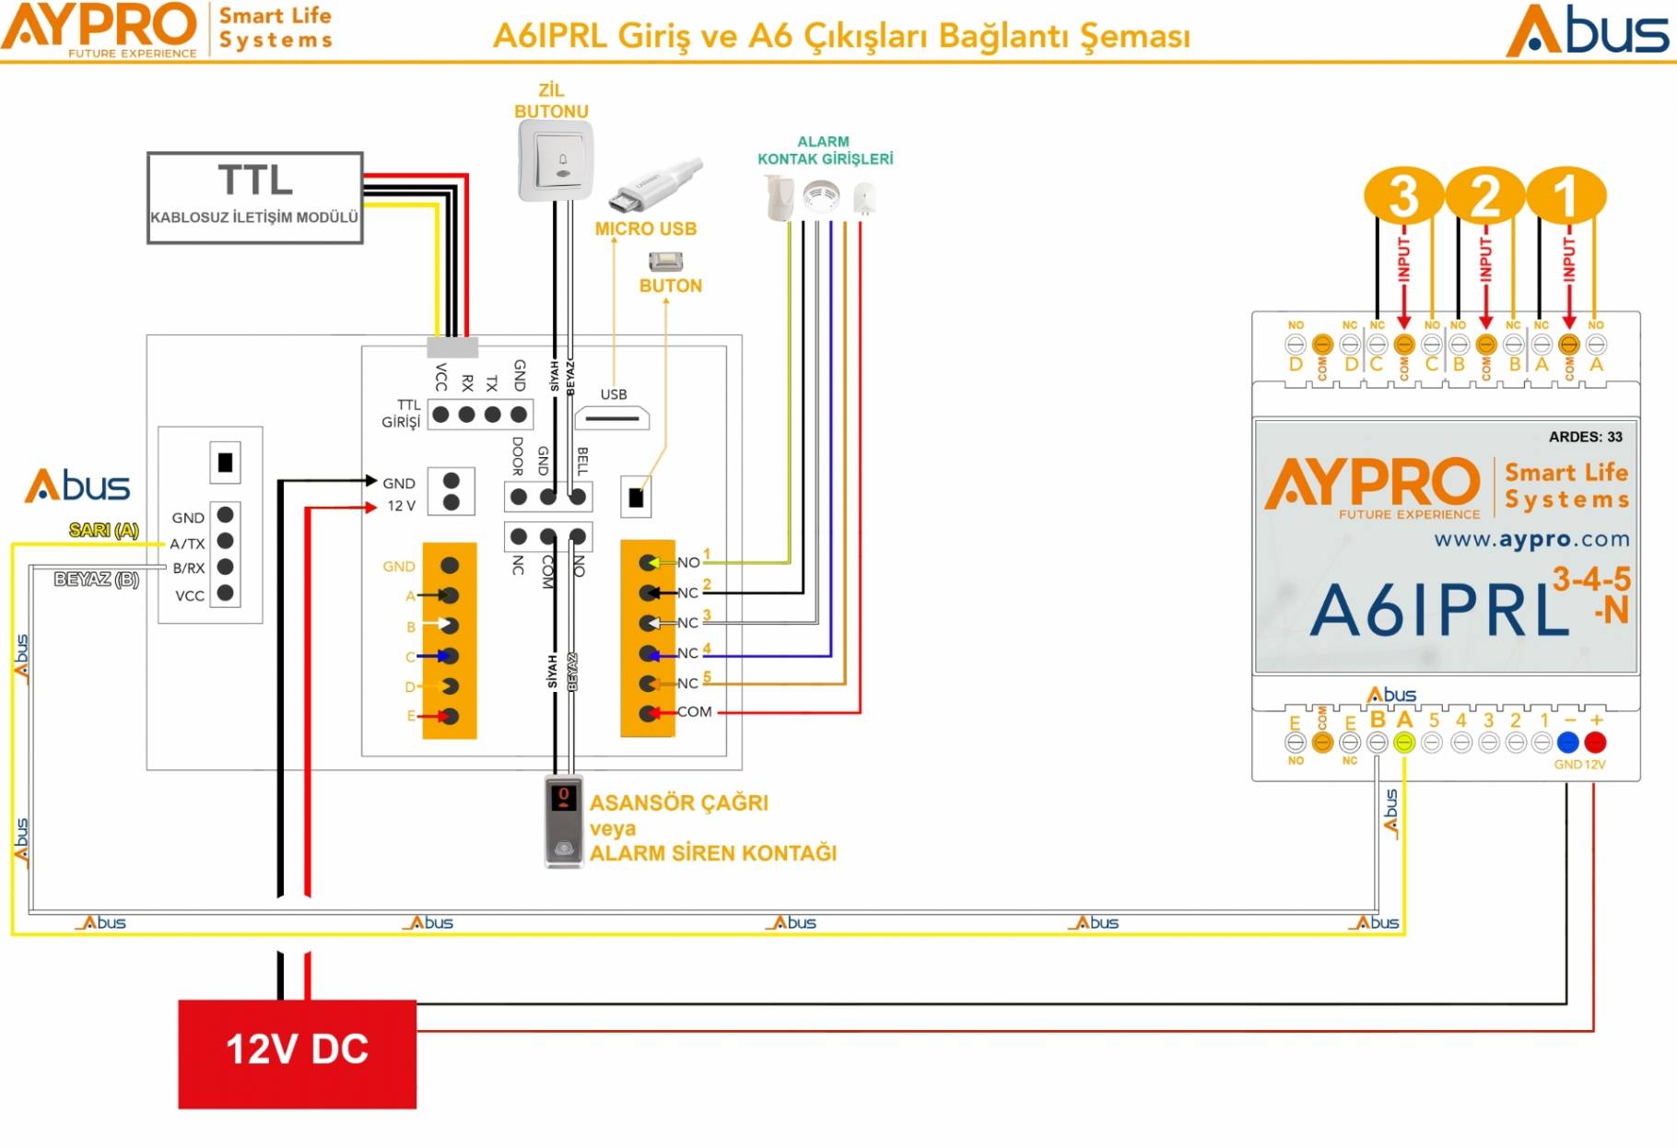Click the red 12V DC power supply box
tap(297, 1053)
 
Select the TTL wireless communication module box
tap(254, 197)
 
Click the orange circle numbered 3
tap(1402, 195)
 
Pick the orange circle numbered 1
tap(1566, 195)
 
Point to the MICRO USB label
tap(645, 228)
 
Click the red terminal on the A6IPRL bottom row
tap(1595, 742)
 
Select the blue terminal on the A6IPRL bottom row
tap(1567, 742)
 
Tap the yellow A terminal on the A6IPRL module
tap(1403, 743)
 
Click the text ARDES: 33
tap(1585, 437)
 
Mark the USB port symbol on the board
tap(612, 418)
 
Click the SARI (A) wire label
tap(103, 530)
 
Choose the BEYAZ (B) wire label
tap(96, 580)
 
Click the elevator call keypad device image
tap(563, 821)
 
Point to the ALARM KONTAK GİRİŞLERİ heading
tap(825, 150)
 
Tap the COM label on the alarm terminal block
tap(694, 711)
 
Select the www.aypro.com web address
tap(1531, 539)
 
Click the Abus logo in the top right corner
tap(1587, 31)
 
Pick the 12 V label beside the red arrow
tap(401, 506)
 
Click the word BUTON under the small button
tap(670, 286)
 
